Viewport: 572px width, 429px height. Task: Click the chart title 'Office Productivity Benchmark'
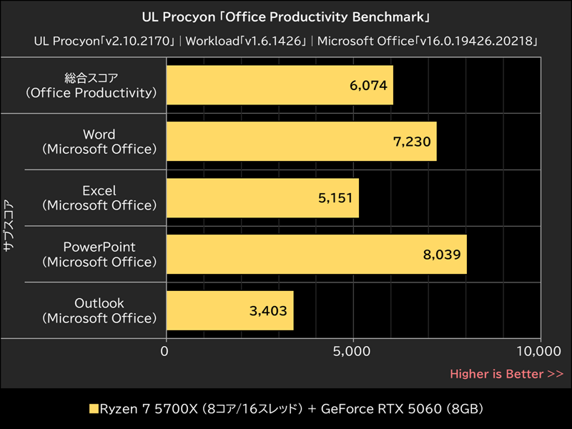tap(286, 16)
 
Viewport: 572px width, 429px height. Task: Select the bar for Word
tap(301, 142)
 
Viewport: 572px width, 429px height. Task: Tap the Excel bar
tap(262, 198)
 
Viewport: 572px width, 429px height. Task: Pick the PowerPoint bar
tap(316, 254)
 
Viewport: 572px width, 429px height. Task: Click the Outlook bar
tap(230, 310)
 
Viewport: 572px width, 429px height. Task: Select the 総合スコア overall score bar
tap(280, 85)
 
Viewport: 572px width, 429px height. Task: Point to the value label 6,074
tap(368, 86)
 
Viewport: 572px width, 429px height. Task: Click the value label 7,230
tap(412, 142)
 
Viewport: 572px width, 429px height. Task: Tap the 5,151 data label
tap(335, 198)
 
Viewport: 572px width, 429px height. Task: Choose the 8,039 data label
tap(442, 254)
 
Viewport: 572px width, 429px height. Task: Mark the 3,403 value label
tap(269, 310)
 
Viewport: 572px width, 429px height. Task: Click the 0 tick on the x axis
tap(166, 351)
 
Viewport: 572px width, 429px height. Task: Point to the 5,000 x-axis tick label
tap(353, 351)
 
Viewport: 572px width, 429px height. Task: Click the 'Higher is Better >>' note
tap(506, 373)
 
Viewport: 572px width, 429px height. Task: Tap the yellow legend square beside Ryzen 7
tap(93, 410)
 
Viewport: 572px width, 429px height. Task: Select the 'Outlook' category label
tap(99, 302)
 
